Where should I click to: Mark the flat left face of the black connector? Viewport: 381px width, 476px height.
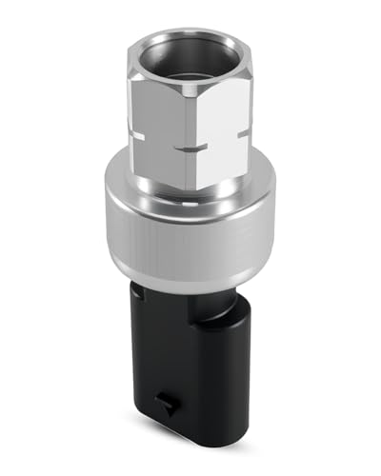157,371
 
